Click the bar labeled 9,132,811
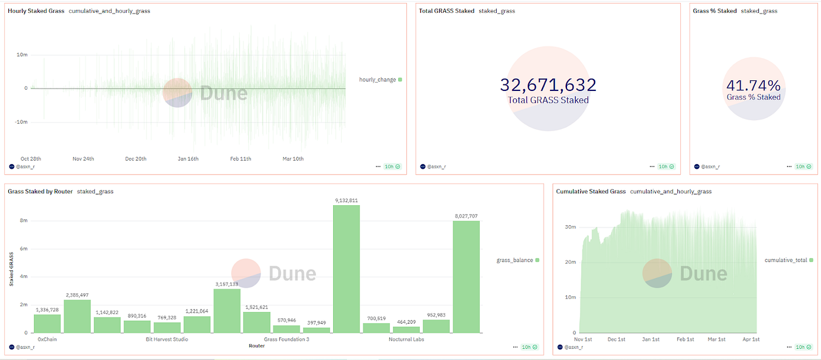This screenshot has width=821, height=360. point(346,269)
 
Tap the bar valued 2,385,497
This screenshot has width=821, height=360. point(77,316)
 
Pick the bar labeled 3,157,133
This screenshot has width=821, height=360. point(226,311)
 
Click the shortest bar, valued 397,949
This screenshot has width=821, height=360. point(317,330)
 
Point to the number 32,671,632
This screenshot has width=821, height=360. point(548,85)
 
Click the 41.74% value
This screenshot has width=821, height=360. point(754,86)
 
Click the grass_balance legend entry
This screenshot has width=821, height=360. point(515,260)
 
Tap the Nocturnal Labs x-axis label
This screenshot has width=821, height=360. point(406,339)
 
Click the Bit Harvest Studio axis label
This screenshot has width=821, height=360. point(167,339)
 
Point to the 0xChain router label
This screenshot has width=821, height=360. point(47,339)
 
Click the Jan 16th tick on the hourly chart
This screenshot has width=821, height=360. point(189,159)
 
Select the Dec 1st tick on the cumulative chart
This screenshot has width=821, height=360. point(616,339)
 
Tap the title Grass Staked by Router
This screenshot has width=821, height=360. point(39,192)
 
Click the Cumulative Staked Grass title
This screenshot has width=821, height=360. point(591,192)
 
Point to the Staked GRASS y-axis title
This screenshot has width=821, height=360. point(11,269)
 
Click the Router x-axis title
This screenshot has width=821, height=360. point(256,346)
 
